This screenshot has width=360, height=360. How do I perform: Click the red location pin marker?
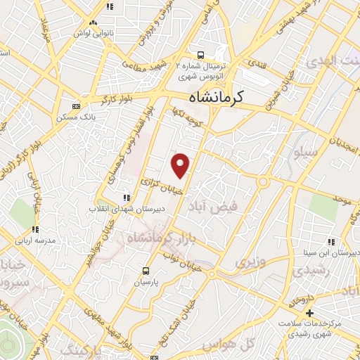(x=181, y=165)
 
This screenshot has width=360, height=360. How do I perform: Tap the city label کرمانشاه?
(x=226, y=98)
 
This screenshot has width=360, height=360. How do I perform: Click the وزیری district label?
(x=250, y=263)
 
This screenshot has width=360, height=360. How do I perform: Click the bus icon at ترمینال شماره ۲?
(x=200, y=55)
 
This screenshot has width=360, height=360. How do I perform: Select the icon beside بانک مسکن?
(x=76, y=106)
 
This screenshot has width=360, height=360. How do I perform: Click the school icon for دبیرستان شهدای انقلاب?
(x=127, y=198)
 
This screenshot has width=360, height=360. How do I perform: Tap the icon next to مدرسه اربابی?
(x=35, y=229)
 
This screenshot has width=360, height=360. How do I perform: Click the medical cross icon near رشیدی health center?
(x=309, y=311)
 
